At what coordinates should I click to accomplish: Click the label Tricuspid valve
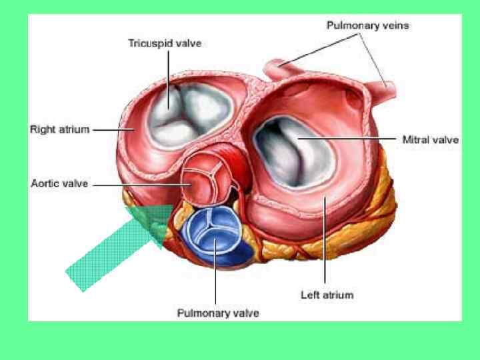pyautogui.click(x=165, y=43)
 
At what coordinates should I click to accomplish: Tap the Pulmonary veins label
pyautogui.click(x=367, y=26)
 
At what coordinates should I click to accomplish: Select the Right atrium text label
pyautogui.click(x=59, y=129)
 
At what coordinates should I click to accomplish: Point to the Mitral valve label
pyautogui.click(x=431, y=140)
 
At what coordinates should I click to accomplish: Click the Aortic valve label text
pyautogui.click(x=59, y=183)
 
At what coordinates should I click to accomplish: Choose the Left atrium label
pyautogui.click(x=327, y=294)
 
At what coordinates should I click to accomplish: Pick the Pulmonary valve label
pyautogui.click(x=217, y=312)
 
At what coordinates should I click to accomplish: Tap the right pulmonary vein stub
pyautogui.click(x=385, y=85)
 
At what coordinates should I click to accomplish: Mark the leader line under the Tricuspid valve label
pyautogui.click(x=168, y=73)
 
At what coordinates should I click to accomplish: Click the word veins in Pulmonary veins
pyautogui.click(x=393, y=26)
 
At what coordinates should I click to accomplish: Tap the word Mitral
pyautogui.click(x=416, y=140)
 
